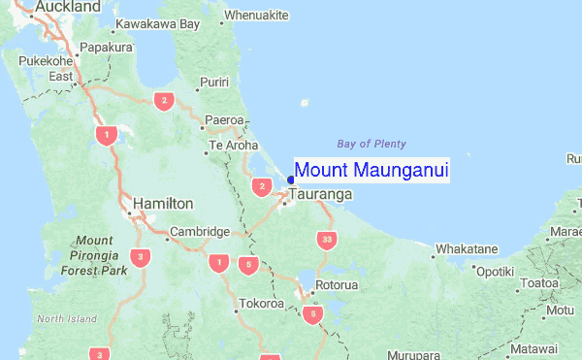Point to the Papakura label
tap(106, 47)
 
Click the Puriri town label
tap(212, 82)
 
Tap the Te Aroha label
tap(236, 147)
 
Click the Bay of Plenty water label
tap(372, 144)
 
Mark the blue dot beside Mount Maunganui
tap(291, 179)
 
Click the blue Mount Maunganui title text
tap(372, 171)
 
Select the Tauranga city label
tap(320, 195)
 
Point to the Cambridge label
tap(199, 232)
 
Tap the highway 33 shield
tap(325, 240)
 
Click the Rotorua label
tap(337, 285)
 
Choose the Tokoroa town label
tap(263, 304)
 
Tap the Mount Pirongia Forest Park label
tap(94, 256)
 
